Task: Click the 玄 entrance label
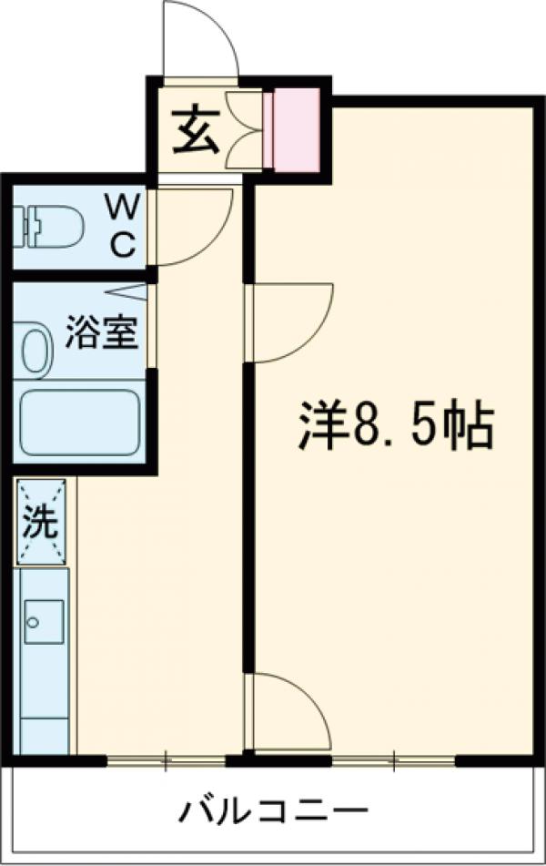coord(193,132)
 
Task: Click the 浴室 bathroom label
coord(101,334)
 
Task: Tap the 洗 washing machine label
coord(42,523)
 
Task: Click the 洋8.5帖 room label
coord(397,426)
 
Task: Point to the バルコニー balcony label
coord(273,810)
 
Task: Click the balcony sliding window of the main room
coord(393,758)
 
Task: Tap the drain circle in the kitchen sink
coord(33,624)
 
